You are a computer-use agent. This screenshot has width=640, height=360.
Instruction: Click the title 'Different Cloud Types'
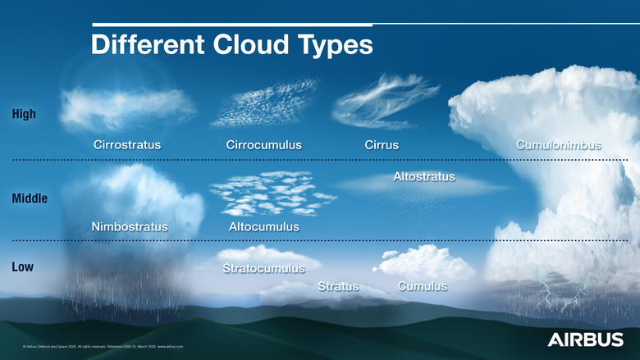[231, 44]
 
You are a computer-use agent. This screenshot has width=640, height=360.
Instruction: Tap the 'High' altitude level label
[24, 114]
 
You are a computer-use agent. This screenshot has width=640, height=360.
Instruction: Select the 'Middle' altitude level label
[30, 198]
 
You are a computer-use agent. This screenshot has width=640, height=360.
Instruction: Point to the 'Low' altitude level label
[23, 267]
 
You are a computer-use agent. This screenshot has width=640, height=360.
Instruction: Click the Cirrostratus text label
[127, 145]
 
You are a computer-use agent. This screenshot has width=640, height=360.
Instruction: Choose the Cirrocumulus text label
[263, 145]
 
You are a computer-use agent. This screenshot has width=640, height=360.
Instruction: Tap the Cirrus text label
[382, 145]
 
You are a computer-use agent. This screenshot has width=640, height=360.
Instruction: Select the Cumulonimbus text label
[558, 145]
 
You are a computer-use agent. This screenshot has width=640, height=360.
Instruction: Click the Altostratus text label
[424, 176]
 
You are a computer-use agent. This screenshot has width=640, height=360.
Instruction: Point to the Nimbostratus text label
[130, 226]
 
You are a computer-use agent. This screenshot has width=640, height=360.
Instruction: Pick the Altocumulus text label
[263, 226]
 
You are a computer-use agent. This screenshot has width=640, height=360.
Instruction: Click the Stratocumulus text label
[263, 268]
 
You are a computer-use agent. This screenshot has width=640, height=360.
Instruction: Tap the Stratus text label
[338, 286]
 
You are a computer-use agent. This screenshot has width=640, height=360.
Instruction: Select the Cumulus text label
[422, 286]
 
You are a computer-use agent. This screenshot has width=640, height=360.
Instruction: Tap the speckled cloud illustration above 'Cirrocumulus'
[264, 103]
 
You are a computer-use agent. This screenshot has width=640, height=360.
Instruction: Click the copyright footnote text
[103, 347]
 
